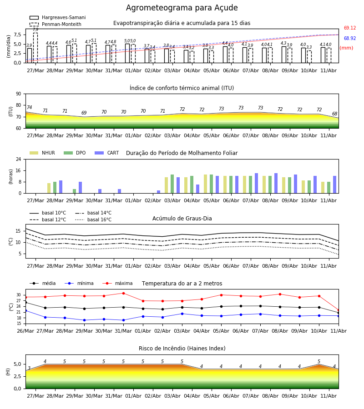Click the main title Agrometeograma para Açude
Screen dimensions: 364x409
(x=182, y=8)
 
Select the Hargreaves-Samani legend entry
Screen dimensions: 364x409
(x=58, y=17)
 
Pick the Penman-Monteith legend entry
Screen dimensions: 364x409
(x=56, y=24)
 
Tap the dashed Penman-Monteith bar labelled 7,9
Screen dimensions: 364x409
(x=35, y=48)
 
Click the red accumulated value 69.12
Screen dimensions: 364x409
(x=350, y=28)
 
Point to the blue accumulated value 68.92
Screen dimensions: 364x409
(x=350, y=38)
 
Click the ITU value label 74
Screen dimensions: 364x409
(x=29, y=107)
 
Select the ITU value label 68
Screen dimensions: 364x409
(x=334, y=114)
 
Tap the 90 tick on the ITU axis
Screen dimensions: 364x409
(x=19, y=94)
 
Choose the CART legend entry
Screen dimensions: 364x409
(x=107, y=153)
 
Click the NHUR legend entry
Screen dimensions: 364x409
(x=42, y=153)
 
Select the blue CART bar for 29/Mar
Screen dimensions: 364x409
(x=81, y=188)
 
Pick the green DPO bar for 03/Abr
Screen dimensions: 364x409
(x=172, y=184)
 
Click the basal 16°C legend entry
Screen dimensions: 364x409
(x=93, y=219)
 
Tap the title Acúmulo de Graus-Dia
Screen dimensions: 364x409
(x=182, y=218)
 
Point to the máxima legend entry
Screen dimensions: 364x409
(x=118, y=283)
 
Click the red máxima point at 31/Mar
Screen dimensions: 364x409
(x=123, y=293)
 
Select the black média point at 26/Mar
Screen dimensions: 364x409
(x=25, y=302)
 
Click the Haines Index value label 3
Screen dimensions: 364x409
(x=29, y=368)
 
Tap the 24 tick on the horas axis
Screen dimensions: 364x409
(x=19, y=159)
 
